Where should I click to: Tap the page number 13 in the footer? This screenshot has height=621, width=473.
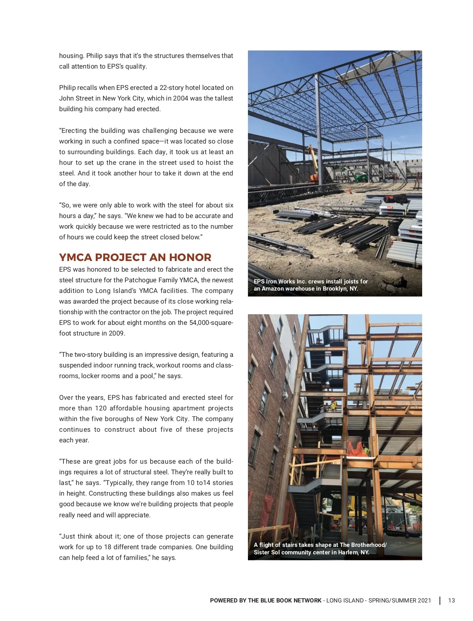tap(451, 600)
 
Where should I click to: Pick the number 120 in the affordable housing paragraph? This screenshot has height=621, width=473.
tap(101, 408)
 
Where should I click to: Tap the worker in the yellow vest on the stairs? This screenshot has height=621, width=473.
tap(333, 405)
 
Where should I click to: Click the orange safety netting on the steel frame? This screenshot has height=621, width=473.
tap(358, 449)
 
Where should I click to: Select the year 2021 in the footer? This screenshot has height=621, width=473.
tap(424, 600)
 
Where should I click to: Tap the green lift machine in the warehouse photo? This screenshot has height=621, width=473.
tap(360, 178)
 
